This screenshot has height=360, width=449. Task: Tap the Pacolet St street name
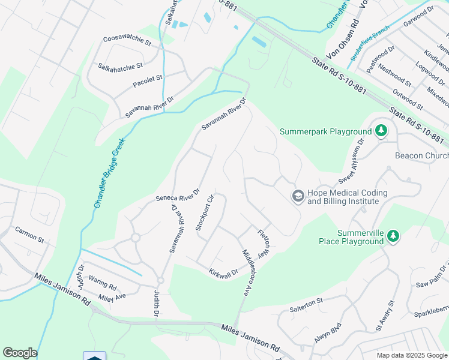click(x=148, y=79)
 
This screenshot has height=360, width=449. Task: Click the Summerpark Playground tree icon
click(x=381, y=130)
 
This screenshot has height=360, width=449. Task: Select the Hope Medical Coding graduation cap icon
click(x=297, y=196)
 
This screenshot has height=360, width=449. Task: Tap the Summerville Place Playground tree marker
click(x=393, y=236)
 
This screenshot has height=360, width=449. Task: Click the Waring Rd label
click(x=103, y=279)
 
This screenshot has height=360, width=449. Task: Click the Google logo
click(x=20, y=353)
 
